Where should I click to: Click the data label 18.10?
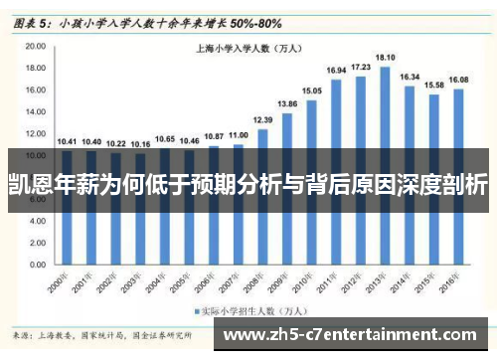pos(385,58)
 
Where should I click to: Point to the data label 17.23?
pos(361,67)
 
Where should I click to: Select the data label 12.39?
pos(262,119)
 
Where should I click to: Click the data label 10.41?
pos(66,141)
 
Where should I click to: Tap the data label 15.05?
pos(311,90)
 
